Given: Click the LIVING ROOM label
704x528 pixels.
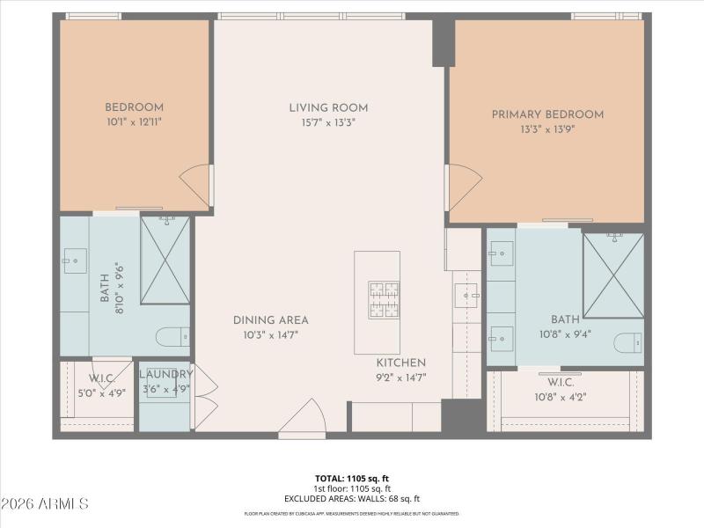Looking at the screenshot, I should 328,108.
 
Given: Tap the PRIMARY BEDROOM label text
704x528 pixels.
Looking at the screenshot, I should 547,114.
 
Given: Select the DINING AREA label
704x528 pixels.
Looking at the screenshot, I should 270,320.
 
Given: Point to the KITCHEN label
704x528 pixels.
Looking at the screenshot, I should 401,363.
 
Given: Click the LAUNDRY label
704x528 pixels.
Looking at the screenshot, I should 165,374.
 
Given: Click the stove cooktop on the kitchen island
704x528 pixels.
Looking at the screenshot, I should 384,298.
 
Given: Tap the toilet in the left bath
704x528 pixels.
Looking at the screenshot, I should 172,335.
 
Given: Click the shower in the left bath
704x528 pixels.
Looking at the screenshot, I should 165,260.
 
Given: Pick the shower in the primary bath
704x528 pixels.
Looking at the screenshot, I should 613,275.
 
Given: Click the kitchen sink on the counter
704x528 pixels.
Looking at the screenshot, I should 466,296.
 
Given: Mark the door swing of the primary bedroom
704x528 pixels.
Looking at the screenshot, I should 464,187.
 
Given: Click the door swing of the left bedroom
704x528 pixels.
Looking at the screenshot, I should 196,186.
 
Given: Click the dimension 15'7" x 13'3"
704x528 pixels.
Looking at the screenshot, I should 328,123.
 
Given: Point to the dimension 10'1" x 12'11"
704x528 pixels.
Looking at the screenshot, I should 134,122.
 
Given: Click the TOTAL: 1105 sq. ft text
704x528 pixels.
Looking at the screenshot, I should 352,480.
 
